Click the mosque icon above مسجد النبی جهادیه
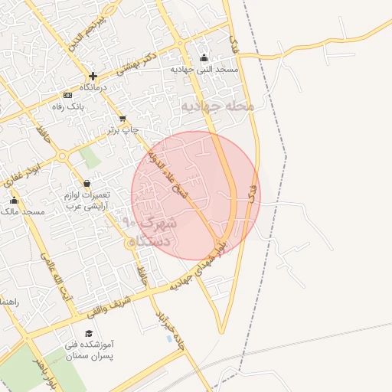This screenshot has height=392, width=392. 203,58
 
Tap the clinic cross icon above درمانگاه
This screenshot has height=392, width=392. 93,76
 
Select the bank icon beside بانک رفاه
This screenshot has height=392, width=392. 68,96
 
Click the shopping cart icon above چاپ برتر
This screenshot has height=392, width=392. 122,119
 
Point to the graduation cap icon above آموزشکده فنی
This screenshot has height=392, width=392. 89,334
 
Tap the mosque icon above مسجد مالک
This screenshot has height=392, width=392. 14,201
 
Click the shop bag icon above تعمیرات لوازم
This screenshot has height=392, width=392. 86,184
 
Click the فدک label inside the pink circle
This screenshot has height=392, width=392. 251,192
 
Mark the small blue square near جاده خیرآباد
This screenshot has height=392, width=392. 169,338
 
